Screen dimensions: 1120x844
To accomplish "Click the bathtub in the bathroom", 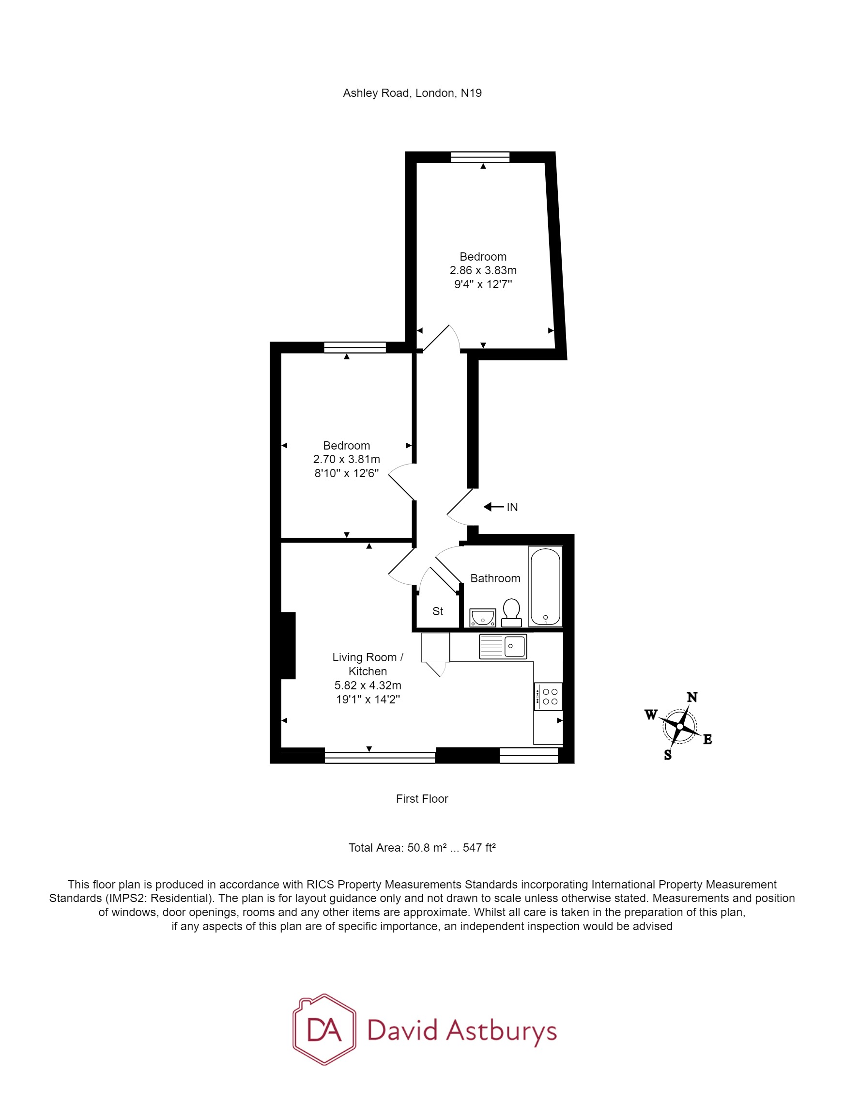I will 545,586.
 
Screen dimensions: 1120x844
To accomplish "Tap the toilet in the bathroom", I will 511,612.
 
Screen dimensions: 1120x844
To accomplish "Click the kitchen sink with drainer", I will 503,646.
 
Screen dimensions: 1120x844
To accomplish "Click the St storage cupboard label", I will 438,611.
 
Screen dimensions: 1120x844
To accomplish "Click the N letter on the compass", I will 691,697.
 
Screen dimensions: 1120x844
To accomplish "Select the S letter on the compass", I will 667,755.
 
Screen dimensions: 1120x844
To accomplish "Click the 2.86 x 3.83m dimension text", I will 483,270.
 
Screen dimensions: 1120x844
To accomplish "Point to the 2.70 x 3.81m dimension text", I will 346,459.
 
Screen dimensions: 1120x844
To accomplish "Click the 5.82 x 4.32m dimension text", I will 368,685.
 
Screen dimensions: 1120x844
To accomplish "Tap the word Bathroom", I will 495,578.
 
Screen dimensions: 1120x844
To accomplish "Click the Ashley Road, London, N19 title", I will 412,93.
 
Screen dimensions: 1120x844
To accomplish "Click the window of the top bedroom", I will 480,157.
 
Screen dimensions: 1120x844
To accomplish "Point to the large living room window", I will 380,758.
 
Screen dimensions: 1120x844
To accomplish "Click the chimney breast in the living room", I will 288,645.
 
